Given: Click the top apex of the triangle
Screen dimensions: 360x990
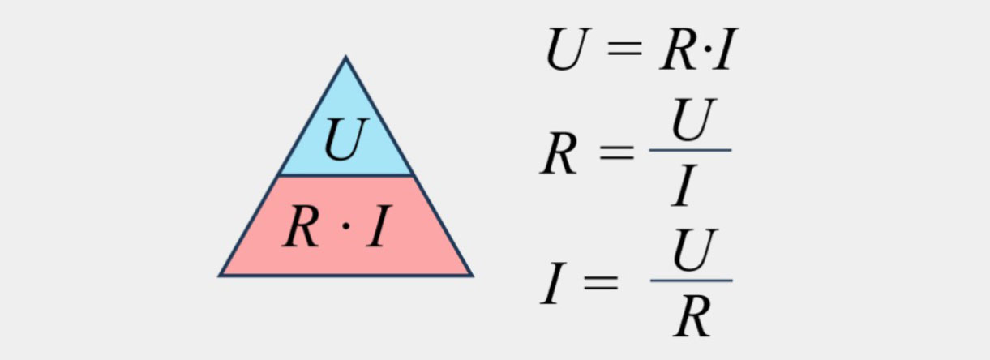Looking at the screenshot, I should (345, 58).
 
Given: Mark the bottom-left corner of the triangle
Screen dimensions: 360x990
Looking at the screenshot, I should (221, 276).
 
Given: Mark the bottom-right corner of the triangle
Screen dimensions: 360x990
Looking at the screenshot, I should (471, 276).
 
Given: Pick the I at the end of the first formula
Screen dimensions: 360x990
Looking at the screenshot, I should (724, 52).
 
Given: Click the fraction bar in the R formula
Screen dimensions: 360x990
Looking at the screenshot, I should (690, 150).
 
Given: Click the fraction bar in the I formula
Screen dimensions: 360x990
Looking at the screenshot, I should (691, 281).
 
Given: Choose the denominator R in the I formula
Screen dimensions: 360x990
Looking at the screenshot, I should (692, 316).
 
